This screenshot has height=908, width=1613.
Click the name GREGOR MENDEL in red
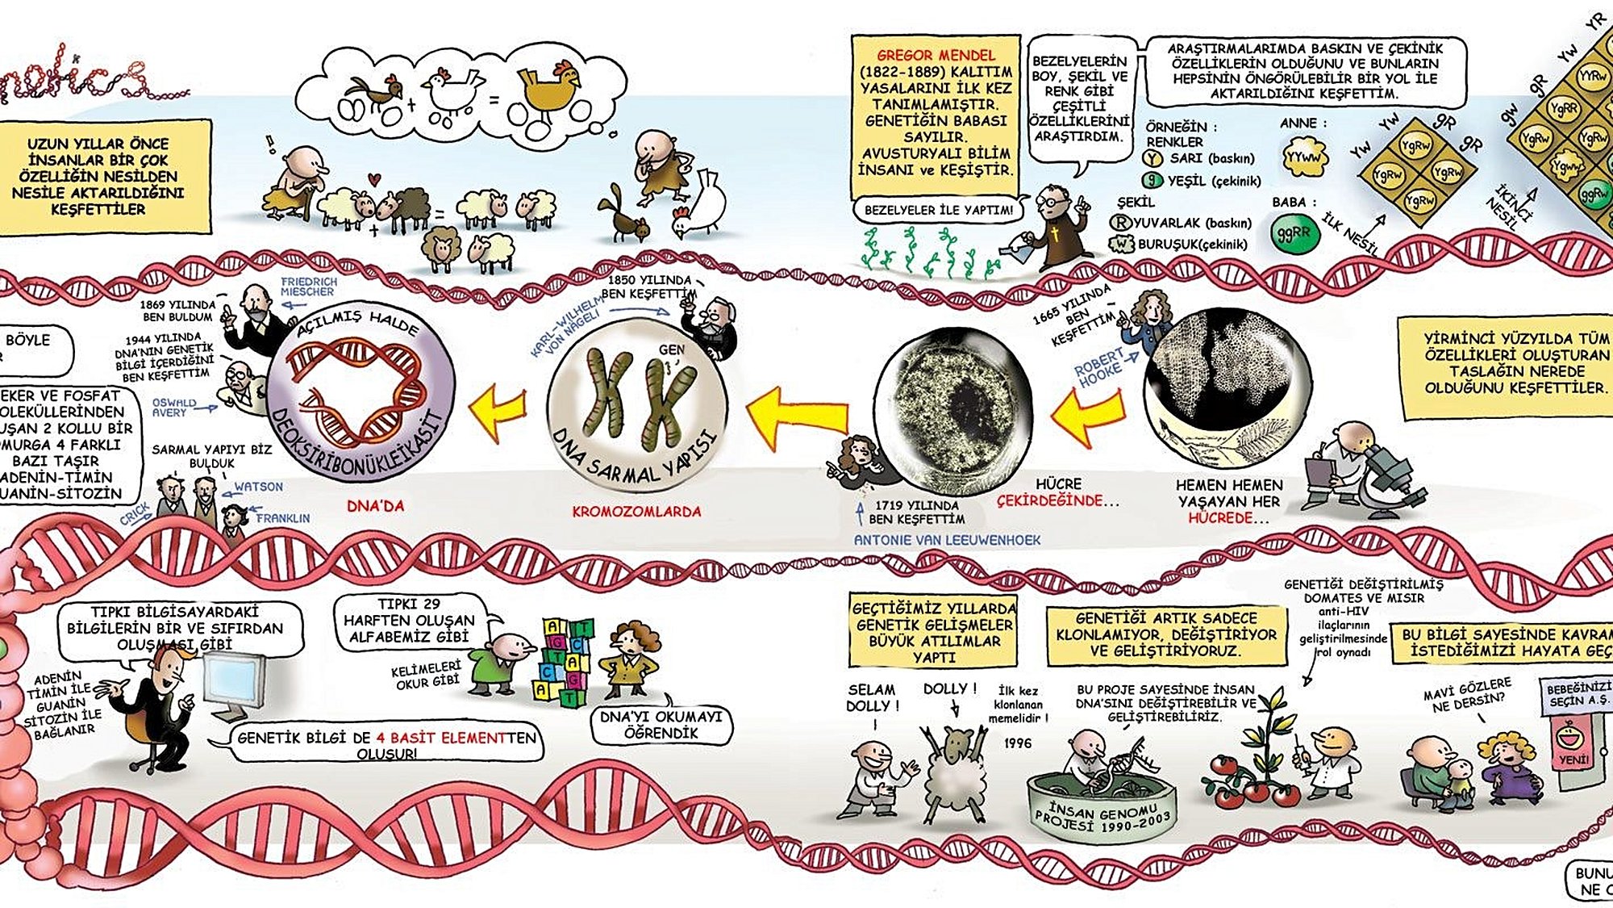[936, 56]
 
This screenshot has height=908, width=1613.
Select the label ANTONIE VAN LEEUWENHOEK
[947, 540]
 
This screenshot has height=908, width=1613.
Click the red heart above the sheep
[373, 179]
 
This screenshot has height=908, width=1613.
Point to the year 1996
[1018, 743]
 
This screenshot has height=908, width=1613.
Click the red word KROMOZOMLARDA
[636, 512]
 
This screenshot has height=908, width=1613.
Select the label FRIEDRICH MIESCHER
[308, 287]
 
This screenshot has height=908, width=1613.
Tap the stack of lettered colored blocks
[565, 662]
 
